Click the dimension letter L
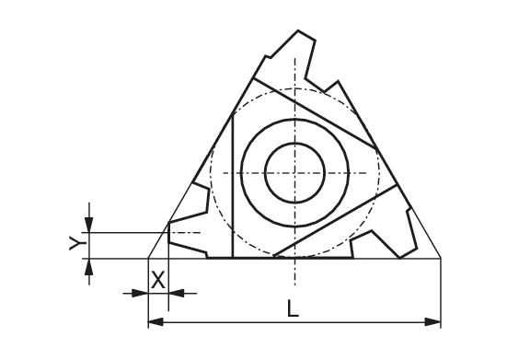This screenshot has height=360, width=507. (x=293, y=309)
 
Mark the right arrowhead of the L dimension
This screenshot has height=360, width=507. (x=435, y=321)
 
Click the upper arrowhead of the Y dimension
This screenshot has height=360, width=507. (x=88, y=226)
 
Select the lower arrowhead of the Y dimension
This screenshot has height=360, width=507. (x=88, y=265)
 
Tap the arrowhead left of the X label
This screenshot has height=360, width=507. (x=142, y=293)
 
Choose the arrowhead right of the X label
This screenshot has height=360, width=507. (x=177, y=293)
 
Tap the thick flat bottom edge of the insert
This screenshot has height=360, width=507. (x=276, y=258)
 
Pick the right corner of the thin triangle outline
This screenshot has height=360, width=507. (x=441, y=258)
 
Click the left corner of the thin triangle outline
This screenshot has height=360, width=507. (x=149, y=258)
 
